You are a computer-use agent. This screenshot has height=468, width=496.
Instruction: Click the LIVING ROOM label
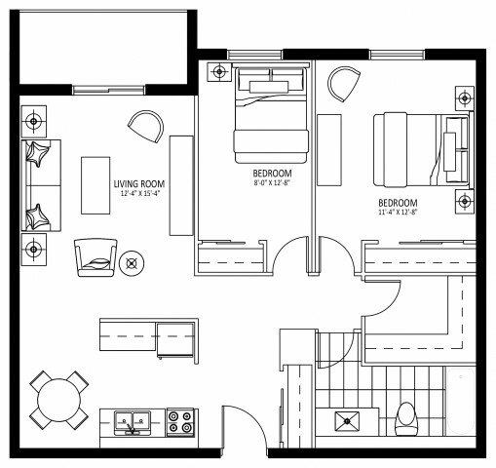click(137, 183)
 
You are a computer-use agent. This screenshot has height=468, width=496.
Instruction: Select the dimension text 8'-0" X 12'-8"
click(271, 181)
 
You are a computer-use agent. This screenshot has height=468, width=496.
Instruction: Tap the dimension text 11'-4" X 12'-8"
click(398, 212)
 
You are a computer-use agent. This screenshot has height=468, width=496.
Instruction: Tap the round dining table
click(57, 400)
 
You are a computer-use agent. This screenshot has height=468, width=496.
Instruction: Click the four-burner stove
click(179, 422)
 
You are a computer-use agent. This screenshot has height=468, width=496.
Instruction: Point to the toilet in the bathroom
click(405, 419)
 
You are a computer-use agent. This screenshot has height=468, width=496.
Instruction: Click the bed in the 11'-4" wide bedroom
click(417, 148)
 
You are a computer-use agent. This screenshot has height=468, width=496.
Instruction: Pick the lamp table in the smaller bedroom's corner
click(216, 71)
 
